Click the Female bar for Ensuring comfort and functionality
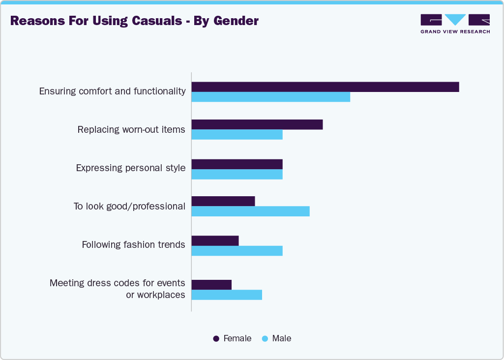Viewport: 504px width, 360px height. click(325, 87)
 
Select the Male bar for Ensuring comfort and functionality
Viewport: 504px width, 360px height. click(270, 97)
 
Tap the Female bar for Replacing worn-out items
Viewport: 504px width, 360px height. click(257, 124)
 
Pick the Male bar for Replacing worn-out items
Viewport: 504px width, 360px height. click(237, 135)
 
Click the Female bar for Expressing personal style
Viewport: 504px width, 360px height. click(237, 164)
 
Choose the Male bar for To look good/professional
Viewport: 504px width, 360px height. click(250, 211)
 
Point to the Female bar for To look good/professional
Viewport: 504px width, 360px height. click(223, 201)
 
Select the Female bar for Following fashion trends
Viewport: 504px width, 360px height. click(215, 240)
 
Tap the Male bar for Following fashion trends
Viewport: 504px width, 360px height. click(237, 251)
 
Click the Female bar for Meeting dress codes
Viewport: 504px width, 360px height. click(211, 285)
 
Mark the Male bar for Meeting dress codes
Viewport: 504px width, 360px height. click(226, 295)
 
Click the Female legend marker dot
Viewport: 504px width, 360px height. click(216, 339)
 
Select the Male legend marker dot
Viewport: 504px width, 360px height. click(265, 339)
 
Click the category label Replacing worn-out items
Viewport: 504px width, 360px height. click(131, 130)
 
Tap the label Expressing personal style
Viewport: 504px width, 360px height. click(130, 168)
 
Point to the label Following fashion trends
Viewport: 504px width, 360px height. click(133, 244)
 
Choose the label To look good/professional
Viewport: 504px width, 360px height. click(129, 207)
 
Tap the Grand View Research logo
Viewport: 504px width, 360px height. click(455, 24)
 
